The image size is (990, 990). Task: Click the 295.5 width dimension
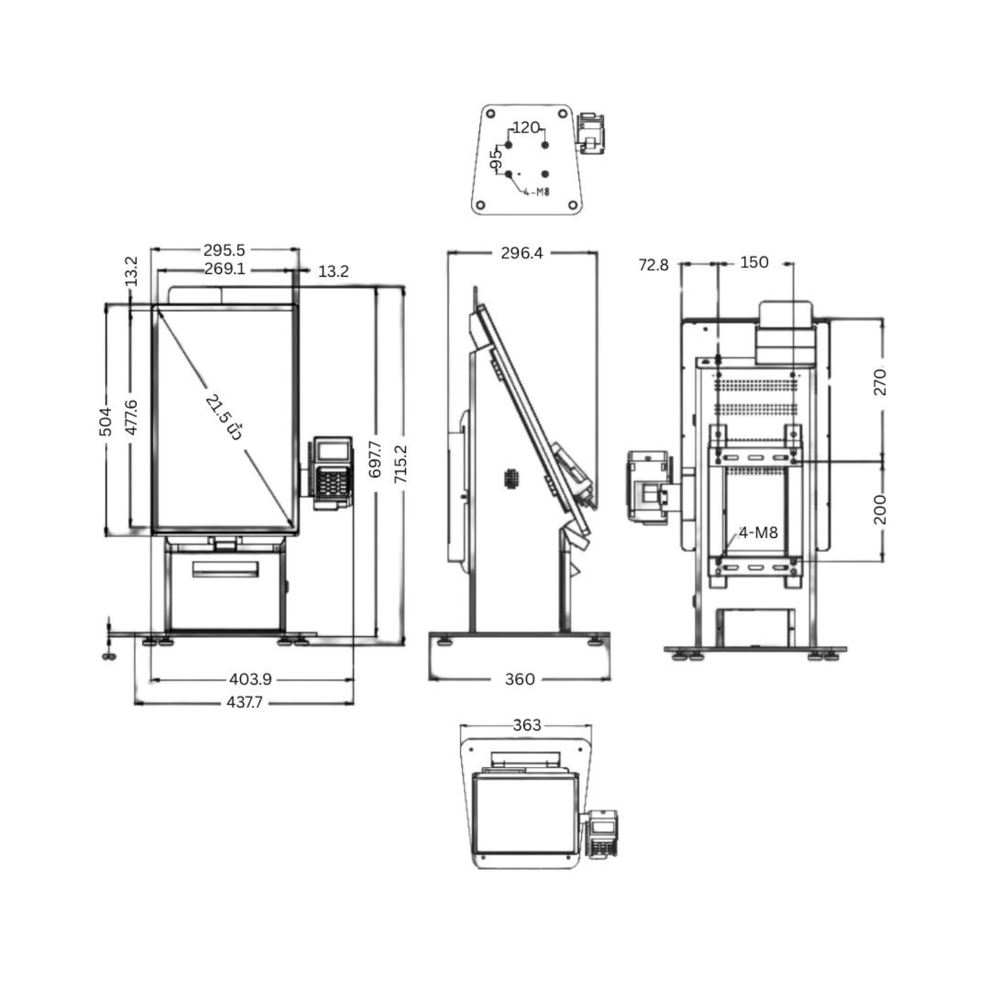pos(224,250)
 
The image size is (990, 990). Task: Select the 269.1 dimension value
pos(224,269)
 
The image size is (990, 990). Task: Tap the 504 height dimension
pos(105,421)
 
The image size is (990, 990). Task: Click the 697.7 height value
pos(375,459)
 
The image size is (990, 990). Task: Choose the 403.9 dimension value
pos(250,679)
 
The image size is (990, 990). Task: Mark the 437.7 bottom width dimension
pos(245,702)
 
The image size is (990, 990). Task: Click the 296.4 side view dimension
pos(521,253)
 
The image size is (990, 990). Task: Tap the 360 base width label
pos(520,679)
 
